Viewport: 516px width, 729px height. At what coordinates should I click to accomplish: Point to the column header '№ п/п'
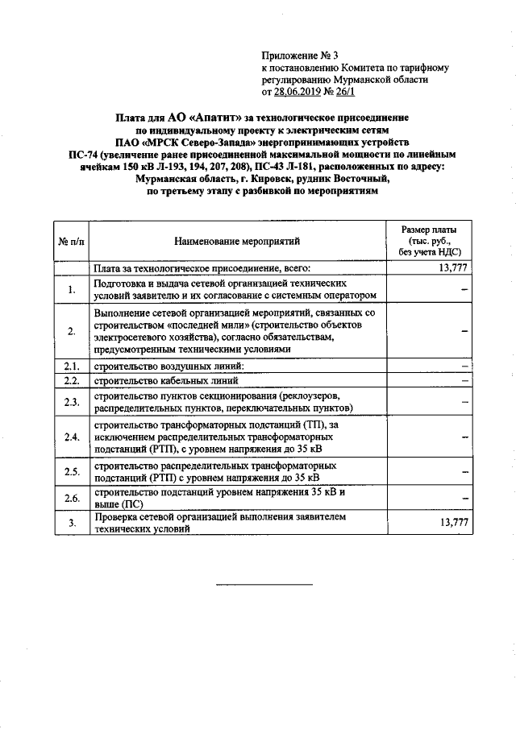pos(71,240)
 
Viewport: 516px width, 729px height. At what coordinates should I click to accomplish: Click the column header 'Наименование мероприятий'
pos(235,240)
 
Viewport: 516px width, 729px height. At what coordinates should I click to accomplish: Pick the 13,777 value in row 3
pos(453,523)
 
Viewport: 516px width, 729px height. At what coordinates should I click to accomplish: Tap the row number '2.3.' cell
pos(72,402)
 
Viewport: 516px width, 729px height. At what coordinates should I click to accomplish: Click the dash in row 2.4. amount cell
pos(466,437)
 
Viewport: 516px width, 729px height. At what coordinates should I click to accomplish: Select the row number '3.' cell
pos(72,524)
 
